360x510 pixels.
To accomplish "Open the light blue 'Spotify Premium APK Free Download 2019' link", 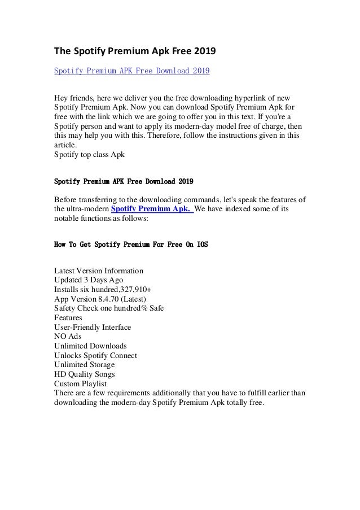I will point(132,71).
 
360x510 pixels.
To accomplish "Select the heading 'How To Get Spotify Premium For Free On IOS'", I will point(131,245).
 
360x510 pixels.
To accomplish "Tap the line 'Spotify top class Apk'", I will point(89,154).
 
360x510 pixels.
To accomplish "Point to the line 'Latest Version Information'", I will point(98,271).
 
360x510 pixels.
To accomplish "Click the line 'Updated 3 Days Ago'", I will point(89,280).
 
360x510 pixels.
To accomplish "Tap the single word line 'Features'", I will point(68,318).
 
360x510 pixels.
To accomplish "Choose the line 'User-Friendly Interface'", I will point(93,327).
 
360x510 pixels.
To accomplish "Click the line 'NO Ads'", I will point(67,337).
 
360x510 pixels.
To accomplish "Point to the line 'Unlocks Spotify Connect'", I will point(95,356).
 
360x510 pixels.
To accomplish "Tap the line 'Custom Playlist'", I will point(80,384).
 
